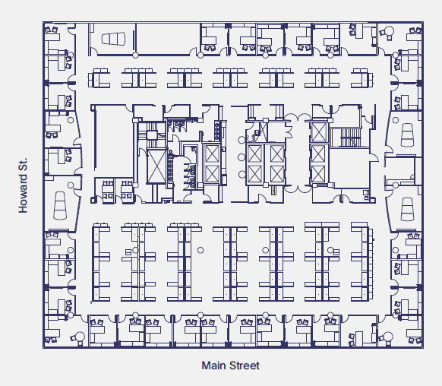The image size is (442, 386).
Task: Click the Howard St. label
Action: [x=24, y=185]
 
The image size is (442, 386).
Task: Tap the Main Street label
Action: [x=230, y=365]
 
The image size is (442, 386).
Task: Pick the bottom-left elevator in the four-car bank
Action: [x=255, y=174]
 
